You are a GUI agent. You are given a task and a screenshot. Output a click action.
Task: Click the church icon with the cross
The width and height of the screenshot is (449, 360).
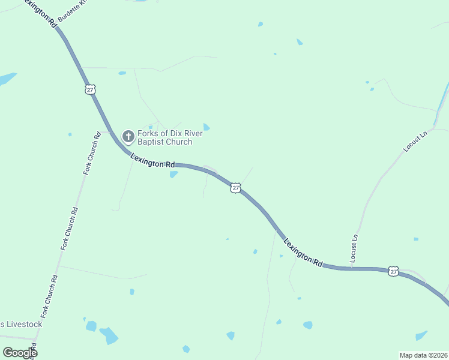(128, 137)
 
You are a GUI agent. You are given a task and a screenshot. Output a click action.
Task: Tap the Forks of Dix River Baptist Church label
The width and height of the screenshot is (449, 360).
(165, 137)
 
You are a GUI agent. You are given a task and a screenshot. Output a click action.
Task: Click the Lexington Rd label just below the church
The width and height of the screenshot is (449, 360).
(152, 160)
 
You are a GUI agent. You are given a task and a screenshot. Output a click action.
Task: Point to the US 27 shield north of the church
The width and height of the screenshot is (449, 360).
(90, 89)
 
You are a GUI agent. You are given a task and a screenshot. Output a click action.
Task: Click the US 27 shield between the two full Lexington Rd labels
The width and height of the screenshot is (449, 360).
(235, 188)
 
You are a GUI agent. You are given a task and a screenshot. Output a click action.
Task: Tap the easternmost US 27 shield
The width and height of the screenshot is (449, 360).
(393, 271)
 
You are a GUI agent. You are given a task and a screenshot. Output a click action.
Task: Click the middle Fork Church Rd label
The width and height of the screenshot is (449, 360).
(71, 228)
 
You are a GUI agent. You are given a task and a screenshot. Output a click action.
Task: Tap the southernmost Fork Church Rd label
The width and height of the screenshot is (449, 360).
(49, 296)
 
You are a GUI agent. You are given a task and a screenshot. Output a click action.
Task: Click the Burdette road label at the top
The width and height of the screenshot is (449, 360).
(73, 11)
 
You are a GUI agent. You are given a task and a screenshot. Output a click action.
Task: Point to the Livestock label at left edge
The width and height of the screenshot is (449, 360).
(21, 325)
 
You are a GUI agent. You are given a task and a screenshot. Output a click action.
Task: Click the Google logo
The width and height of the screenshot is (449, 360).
(19, 353)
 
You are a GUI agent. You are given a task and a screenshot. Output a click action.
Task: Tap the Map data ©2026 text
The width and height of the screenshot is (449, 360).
(423, 355)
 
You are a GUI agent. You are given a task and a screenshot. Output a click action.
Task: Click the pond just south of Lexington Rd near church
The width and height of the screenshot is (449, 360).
(173, 175)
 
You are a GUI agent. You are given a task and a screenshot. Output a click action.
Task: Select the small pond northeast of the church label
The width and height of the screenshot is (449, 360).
(206, 127)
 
